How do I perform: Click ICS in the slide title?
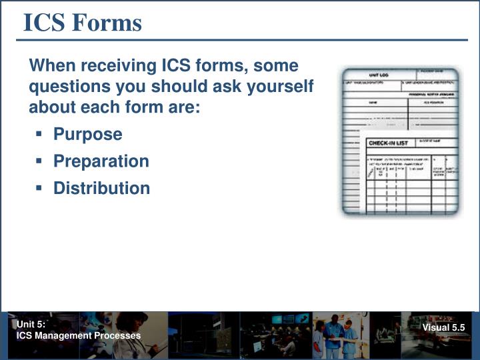45,23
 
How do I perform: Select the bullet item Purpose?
88,134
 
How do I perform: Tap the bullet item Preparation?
101,161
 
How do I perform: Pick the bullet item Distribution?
102,188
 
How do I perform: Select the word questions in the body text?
63,87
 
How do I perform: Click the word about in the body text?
51,107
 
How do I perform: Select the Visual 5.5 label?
443,327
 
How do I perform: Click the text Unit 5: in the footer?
31,325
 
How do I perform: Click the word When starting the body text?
51,67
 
